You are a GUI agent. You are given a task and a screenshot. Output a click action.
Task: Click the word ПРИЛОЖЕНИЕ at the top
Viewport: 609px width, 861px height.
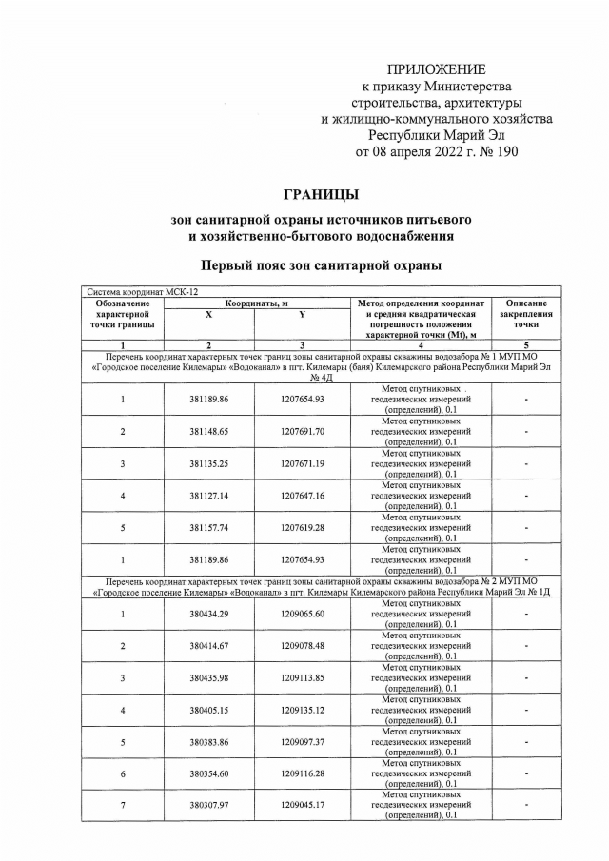coord(436,69)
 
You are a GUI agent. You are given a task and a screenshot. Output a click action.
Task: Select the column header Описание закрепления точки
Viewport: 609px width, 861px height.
coord(526,314)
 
